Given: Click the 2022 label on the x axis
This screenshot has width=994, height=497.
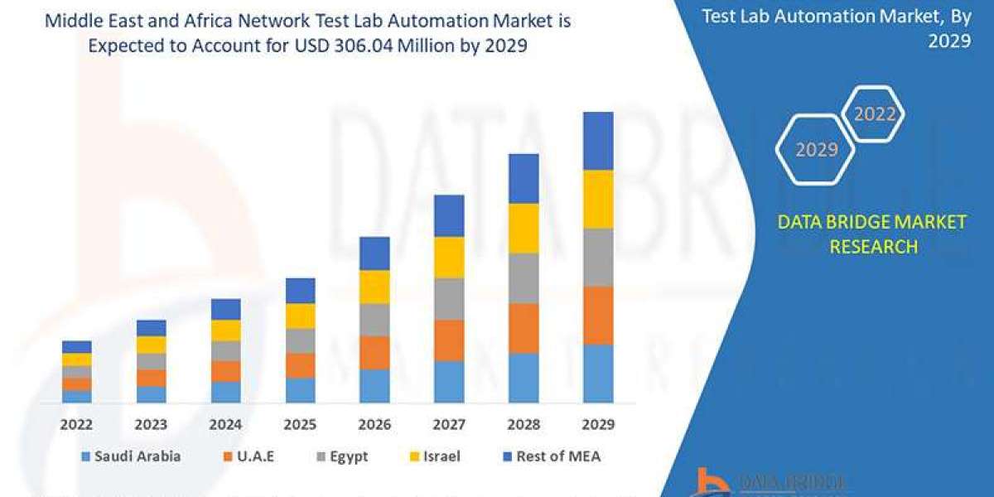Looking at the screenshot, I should tap(76, 424).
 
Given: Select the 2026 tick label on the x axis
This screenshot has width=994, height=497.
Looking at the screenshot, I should tap(374, 424).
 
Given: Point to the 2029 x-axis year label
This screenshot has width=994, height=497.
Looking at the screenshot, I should tap(598, 424).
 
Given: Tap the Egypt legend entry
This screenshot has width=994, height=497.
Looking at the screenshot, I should tap(341, 456).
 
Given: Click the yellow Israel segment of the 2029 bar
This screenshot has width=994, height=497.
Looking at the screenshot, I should tap(598, 199).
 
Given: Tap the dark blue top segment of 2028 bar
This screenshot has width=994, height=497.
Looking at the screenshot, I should tap(524, 178).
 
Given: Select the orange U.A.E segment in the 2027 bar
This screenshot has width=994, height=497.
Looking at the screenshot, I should tap(449, 340).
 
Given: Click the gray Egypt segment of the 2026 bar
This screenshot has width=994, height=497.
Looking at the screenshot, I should tap(374, 319).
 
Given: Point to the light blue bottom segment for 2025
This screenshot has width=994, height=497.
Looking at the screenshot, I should tap(300, 390).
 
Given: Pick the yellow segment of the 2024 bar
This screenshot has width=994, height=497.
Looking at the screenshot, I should tap(225, 330).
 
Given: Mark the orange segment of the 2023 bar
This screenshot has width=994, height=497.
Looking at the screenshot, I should tap(151, 378).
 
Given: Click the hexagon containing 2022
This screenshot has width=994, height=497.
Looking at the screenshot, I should tap(874, 114).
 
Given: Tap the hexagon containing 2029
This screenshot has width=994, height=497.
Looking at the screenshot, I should tap(815, 150).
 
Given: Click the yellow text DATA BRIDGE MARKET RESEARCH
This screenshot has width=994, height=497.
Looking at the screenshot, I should tap(871, 234).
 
